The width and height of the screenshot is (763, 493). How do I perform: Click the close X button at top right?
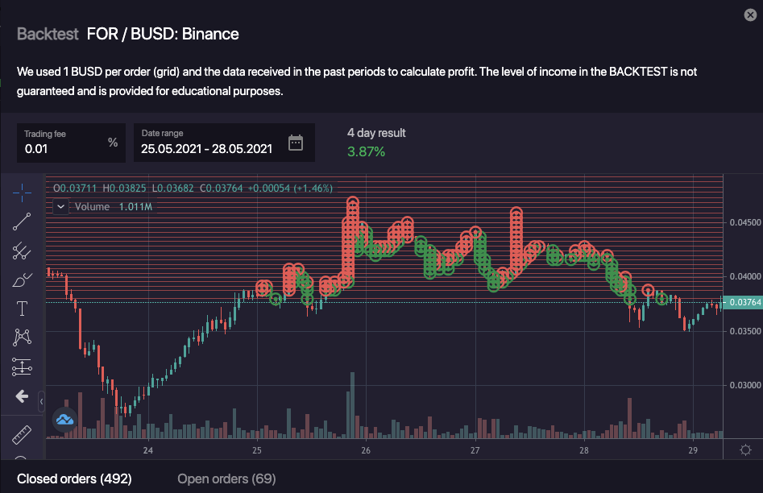pos(749,14)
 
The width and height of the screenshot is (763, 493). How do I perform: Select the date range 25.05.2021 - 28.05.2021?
pos(206,148)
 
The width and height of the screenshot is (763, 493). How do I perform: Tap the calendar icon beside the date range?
pos(296,143)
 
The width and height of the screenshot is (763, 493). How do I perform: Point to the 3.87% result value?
pos(366,151)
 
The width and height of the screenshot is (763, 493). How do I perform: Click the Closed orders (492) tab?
pos(74,479)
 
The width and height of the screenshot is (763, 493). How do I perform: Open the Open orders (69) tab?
pos(226,479)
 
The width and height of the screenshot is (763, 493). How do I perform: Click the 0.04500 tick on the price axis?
pos(744,222)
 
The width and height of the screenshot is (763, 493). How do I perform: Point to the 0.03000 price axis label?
pos(744,385)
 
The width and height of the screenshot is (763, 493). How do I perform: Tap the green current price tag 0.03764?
pos(744,302)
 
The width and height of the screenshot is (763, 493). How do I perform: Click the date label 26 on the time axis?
pos(366,450)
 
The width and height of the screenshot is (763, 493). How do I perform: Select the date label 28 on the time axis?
pos(584,450)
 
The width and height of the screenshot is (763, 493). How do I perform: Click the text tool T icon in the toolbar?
pos(22,309)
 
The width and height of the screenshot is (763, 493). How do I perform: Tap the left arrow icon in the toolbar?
pos(22,396)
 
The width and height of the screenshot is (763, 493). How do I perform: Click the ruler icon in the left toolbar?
pos(22,435)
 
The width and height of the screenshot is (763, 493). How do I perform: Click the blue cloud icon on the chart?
pos(64,419)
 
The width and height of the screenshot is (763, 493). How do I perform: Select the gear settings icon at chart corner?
pos(745,449)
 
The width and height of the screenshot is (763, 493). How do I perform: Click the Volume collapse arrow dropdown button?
pos(61,206)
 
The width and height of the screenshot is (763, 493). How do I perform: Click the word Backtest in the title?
pos(48,34)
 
